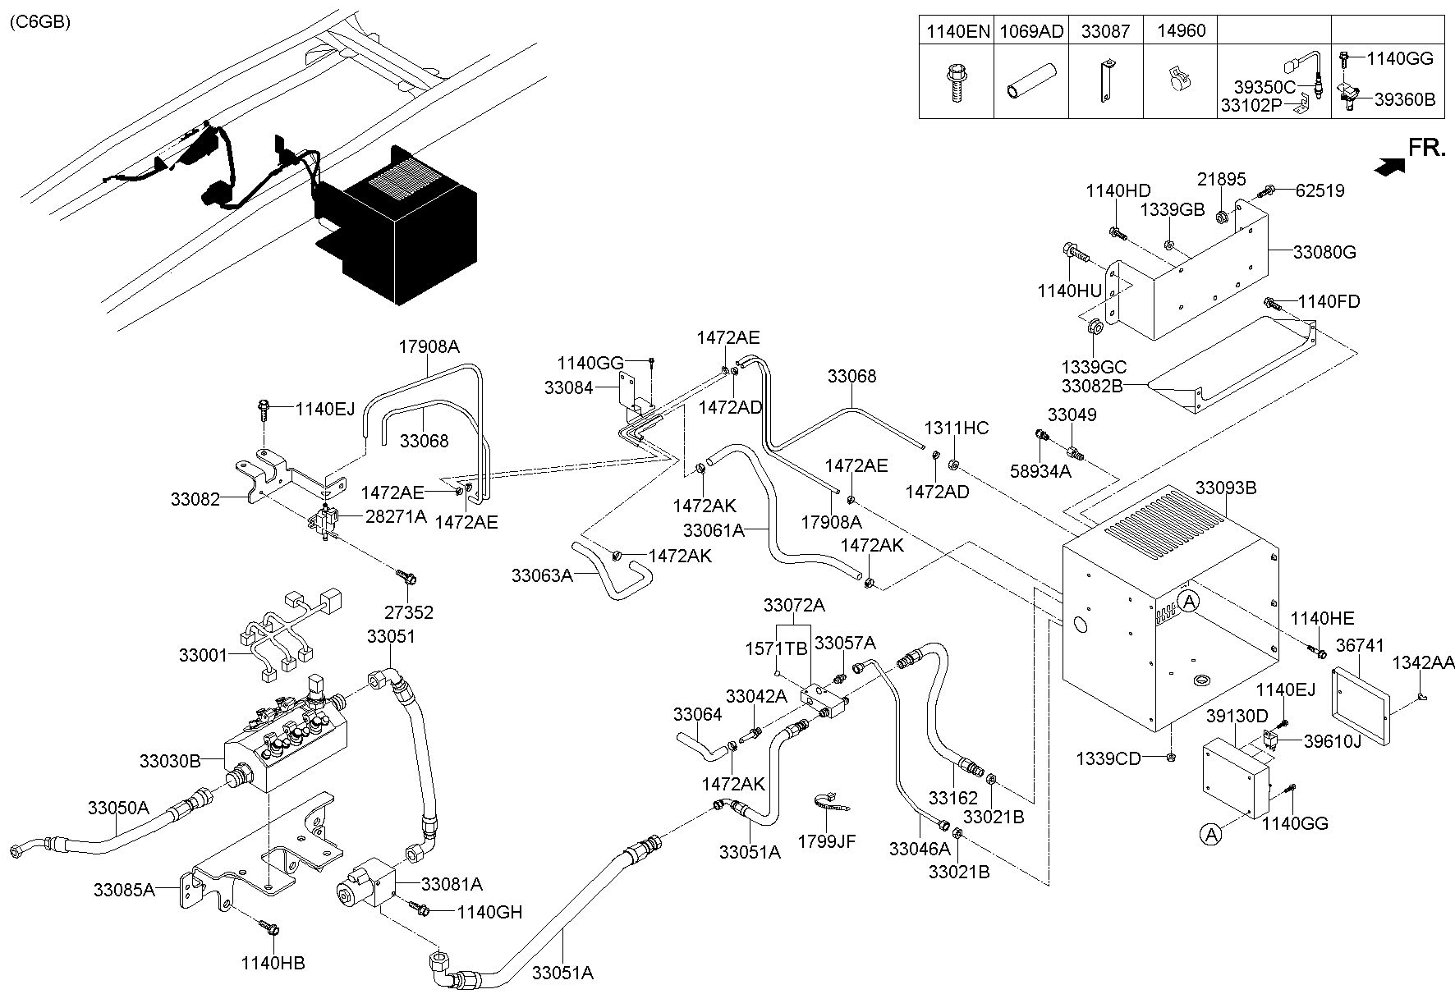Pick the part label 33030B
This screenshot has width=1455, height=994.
coord(170,761)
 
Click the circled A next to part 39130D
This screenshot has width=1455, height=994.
coord(1209,835)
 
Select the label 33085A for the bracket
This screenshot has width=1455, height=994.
coord(124,890)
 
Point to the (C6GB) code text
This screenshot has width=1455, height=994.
coord(39,22)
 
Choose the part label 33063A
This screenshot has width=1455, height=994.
coord(542,575)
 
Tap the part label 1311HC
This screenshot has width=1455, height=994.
coord(957,428)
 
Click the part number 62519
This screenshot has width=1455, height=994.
coord(1320,191)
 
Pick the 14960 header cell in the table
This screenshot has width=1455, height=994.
coord(1182,31)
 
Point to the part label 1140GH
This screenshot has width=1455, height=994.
coord(489,912)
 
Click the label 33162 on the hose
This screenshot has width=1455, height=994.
coord(953,797)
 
